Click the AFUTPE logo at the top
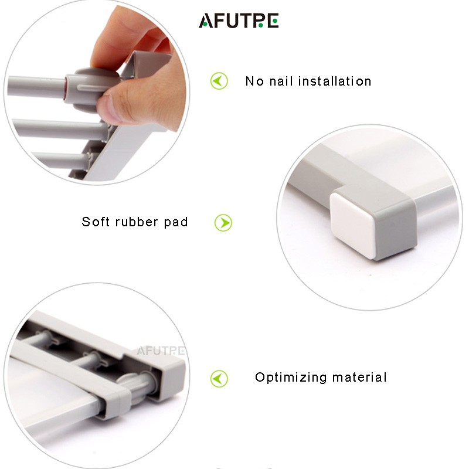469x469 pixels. pyautogui.click(x=239, y=21)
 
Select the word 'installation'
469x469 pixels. pyautogui.click(x=335, y=81)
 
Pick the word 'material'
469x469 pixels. pyautogui.click(x=359, y=377)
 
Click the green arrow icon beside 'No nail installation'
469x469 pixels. pyautogui.click(x=219, y=81)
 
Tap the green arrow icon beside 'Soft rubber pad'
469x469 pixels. pyautogui.click(x=223, y=223)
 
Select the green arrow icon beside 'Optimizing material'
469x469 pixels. pyautogui.click(x=219, y=379)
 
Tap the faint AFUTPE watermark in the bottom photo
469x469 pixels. pyautogui.click(x=161, y=351)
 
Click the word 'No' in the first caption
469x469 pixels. pyautogui.click(x=254, y=81)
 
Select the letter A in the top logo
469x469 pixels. pyautogui.click(x=206, y=21)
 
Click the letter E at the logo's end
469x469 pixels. pyautogui.click(x=273, y=21)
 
